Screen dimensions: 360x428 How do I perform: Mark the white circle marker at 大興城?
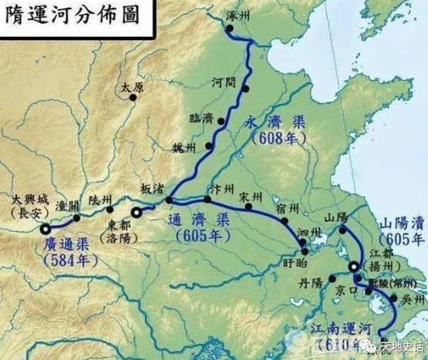point(46,228)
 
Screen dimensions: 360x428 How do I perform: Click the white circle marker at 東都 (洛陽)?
point(136,212)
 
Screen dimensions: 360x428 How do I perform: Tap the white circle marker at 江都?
point(354,267)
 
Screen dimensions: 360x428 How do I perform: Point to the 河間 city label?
point(222,81)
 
